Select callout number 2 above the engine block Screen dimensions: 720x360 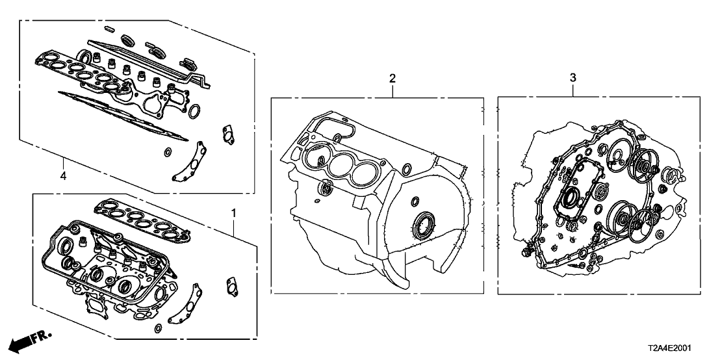click(x=392, y=78)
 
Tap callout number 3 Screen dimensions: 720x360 click(x=572, y=78)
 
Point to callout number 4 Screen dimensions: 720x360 click(x=64, y=175)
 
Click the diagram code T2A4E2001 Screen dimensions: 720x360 click(x=669, y=348)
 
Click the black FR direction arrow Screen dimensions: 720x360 click(x=31, y=340)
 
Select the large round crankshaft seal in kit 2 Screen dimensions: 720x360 click(x=424, y=224)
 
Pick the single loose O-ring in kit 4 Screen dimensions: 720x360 click(x=194, y=110)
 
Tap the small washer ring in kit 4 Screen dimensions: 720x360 click(x=167, y=151)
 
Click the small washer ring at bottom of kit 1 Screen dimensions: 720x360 click(x=158, y=328)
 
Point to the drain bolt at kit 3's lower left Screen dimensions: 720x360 click(x=525, y=252)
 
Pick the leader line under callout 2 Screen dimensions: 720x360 click(x=392, y=90)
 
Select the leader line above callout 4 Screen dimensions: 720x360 click(x=64, y=163)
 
